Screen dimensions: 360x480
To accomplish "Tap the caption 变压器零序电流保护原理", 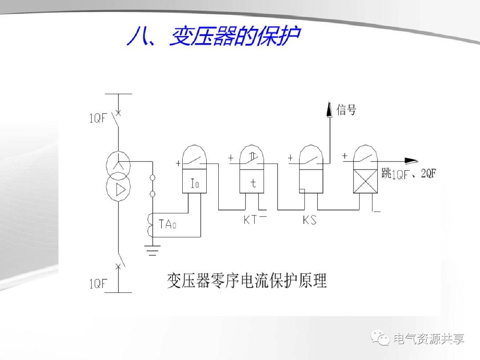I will pos(247,281).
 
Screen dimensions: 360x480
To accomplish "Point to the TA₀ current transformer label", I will pos(168,224).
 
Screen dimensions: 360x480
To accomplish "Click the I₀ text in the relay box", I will pos(195,183).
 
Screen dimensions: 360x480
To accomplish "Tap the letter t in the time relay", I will pos(252,183).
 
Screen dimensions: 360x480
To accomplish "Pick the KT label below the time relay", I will pos(250,220).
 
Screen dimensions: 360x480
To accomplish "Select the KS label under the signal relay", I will pos(309,220).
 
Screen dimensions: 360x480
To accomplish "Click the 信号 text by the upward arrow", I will pos(346,109).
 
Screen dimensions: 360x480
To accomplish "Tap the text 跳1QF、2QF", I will pos(408,174).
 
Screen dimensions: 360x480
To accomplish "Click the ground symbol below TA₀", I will pos(152,252).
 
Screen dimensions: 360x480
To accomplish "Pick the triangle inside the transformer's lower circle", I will pos(119,190).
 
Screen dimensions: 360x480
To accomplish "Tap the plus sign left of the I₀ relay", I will pos(178,164).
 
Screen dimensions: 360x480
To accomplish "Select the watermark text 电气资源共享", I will pos(429,339).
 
